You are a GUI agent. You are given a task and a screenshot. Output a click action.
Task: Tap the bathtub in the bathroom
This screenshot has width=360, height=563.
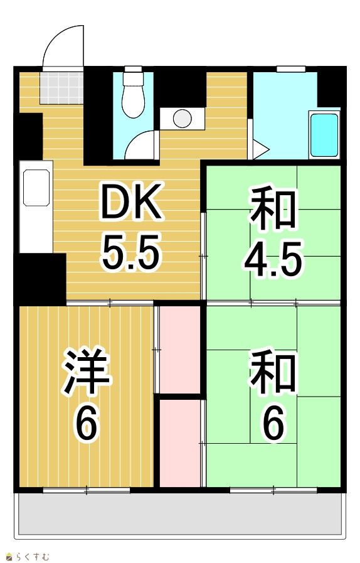tap(324, 135)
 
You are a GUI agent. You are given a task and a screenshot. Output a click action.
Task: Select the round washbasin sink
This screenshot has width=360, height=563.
tap(183, 119)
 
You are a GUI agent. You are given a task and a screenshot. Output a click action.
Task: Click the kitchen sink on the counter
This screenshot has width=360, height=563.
tap(36, 188)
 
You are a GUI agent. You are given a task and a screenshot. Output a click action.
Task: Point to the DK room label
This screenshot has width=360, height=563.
tap(131, 201)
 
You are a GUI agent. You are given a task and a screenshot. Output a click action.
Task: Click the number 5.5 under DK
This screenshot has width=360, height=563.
tap(130, 252)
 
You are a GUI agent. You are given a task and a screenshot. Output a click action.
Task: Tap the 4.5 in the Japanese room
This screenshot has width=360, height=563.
tap(273, 258)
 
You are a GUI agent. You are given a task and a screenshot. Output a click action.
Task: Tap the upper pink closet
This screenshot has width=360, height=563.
tap(180, 350)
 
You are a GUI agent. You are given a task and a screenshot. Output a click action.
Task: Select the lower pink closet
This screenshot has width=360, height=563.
tap(180, 444)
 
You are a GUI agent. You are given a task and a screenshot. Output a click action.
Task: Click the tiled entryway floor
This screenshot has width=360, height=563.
tap(61, 88)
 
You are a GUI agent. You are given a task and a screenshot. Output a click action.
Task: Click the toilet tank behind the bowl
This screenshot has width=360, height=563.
tap(133, 78)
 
